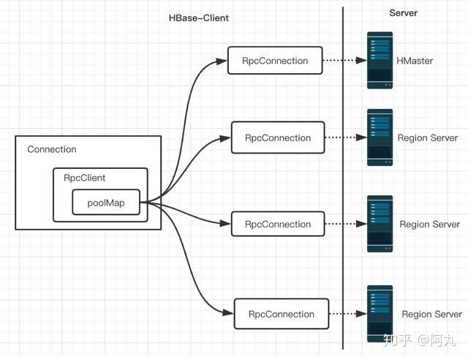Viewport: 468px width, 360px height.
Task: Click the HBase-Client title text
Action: pyautogui.click(x=198, y=18)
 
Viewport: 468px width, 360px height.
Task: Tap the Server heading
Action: pyautogui.click(x=403, y=13)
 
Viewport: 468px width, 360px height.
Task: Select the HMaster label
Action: pyautogui.click(x=415, y=61)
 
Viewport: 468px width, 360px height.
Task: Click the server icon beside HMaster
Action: pyautogui.click(x=380, y=60)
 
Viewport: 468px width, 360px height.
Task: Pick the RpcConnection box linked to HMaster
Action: pyautogui.click(x=275, y=60)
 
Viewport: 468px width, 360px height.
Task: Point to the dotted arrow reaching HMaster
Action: pyautogui.click(x=344, y=60)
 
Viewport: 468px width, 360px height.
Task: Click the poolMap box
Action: pyautogui.click(x=106, y=202)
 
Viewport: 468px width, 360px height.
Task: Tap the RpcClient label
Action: pyautogui.click(x=85, y=178)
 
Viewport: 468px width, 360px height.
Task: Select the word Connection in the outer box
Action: pyautogui.click(x=52, y=149)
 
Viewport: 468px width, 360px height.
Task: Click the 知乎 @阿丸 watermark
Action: pyautogui.click(x=419, y=340)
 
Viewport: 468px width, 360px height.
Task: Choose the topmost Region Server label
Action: pyautogui.click(x=427, y=138)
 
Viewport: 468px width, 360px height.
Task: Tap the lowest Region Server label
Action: pyautogui.click(x=431, y=315)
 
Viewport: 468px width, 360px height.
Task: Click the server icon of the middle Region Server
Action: pyautogui.click(x=380, y=224)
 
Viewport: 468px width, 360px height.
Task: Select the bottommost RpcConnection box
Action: pyautogui.click(x=282, y=314)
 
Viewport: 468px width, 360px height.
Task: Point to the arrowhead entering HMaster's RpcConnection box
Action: pyautogui.click(x=222, y=61)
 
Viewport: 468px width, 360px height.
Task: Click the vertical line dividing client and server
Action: pyautogui.click(x=343, y=178)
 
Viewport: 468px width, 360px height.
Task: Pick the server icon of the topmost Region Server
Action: pyautogui.click(x=380, y=138)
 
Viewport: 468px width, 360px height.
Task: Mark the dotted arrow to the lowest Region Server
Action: pyautogui.click(x=348, y=314)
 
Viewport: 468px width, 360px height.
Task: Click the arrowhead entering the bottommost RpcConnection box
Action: pyautogui.click(x=228, y=312)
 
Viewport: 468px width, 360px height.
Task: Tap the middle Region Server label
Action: pyautogui.click(x=429, y=225)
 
